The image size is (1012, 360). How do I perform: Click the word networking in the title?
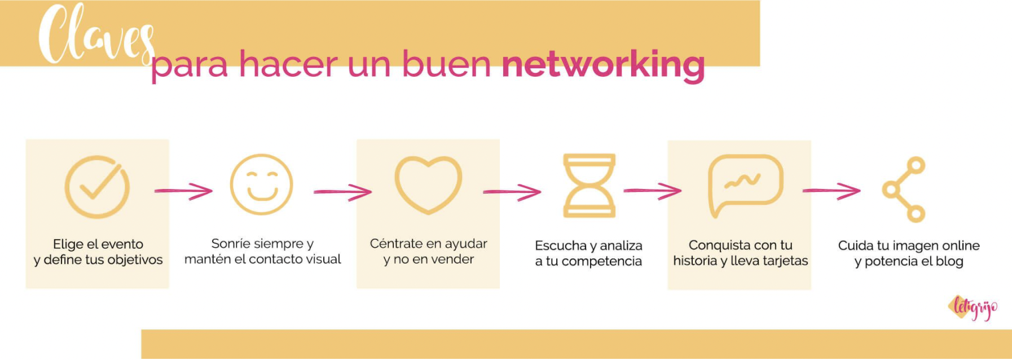tap(603, 64)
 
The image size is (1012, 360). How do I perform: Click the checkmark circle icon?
tap(97, 187)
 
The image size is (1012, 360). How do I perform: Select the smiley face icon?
tap(262, 185)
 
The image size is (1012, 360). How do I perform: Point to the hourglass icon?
tap(589, 186)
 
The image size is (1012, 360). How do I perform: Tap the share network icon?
tap(904, 189)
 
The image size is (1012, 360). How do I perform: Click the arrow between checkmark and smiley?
tap(183, 191)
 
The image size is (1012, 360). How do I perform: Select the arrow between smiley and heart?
tap(342, 192)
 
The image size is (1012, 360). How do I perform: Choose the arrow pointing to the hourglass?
tap(512, 192)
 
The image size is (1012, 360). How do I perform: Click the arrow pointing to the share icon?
tap(831, 191)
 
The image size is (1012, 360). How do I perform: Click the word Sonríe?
tap(229, 244)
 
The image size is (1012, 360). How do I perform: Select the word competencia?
tap(601, 261)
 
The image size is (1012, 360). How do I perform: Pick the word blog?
tap(949, 261)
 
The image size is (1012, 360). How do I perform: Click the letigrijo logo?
tap(973, 308)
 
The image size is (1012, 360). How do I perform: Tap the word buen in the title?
tap(446, 64)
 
